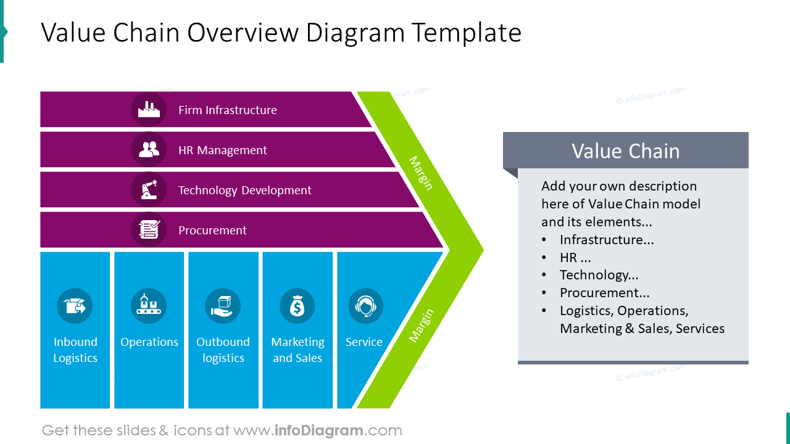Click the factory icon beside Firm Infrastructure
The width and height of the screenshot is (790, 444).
click(149, 110)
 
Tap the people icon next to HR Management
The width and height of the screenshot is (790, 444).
click(149, 150)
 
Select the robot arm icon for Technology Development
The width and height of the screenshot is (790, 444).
click(149, 189)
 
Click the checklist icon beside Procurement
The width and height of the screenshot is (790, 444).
click(149, 230)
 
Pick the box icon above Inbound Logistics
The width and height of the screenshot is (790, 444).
click(75, 306)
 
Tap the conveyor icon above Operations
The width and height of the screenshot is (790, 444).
click(149, 306)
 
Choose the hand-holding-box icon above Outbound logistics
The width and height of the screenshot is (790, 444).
click(223, 306)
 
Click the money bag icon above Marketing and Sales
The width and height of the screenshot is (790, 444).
click(297, 306)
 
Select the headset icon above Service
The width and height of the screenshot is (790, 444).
click(365, 306)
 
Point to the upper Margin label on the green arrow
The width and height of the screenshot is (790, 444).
click(421, 173)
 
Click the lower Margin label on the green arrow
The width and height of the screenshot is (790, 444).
click(422, 325)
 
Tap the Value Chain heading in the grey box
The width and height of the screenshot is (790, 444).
click(625, 151)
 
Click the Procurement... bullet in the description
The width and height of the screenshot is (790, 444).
click(604, 293)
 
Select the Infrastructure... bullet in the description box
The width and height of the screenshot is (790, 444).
click(607, 240)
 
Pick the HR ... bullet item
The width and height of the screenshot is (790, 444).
click(575, 258)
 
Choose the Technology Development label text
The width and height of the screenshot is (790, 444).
click(244, 190)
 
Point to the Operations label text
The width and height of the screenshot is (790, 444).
click(149, 342)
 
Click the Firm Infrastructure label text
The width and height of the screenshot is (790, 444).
click(227, 110)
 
